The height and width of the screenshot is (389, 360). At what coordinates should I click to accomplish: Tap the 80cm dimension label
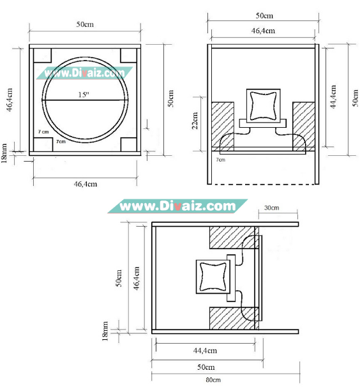tap(213, 381)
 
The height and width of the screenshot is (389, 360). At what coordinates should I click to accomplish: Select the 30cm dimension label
tap(271, 208)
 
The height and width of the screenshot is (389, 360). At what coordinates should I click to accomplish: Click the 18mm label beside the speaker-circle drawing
tap(5, 152)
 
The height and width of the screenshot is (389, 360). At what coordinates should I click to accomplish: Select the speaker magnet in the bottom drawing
tap(210, 277)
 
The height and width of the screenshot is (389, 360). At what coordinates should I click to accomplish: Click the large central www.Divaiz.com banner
tap(178, 206)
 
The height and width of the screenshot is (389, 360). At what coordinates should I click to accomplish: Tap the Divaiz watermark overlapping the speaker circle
tap(86, 72)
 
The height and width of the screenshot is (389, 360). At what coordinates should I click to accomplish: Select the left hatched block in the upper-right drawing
tap(223, 125)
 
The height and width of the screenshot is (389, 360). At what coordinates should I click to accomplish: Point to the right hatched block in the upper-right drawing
tap(303, 125)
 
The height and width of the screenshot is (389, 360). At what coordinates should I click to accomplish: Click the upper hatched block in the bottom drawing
tap(232, 238)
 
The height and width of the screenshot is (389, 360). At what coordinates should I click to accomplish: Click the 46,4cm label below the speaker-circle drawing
tap(86, 184)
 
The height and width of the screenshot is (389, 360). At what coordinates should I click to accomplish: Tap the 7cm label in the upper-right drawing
tap(220, 160)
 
